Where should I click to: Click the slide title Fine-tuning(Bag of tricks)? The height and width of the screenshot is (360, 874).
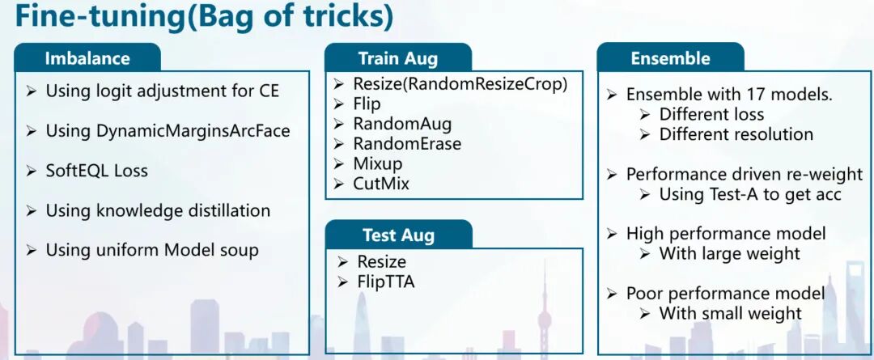204,17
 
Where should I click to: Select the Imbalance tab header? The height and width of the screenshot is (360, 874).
87,58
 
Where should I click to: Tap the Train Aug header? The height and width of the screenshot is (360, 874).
398,58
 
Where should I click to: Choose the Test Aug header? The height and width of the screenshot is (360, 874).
398,235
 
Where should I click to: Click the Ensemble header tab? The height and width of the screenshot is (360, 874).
671,58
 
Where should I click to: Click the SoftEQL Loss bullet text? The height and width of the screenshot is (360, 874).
96,171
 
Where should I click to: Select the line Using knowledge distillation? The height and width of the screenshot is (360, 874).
158,210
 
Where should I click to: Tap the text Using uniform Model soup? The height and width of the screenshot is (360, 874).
152,250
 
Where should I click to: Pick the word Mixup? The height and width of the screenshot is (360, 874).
377,164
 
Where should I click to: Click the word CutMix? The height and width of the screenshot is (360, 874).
380,184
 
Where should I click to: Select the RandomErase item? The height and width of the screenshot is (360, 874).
407,144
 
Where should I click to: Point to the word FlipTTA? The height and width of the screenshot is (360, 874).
386,282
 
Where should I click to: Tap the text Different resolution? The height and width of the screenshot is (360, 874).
736,134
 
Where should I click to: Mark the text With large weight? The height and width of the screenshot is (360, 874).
730,253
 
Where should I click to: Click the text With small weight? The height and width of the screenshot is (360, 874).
730,313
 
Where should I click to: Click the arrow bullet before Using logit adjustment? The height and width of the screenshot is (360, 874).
32,91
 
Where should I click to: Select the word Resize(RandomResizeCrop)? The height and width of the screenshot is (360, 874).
460,84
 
